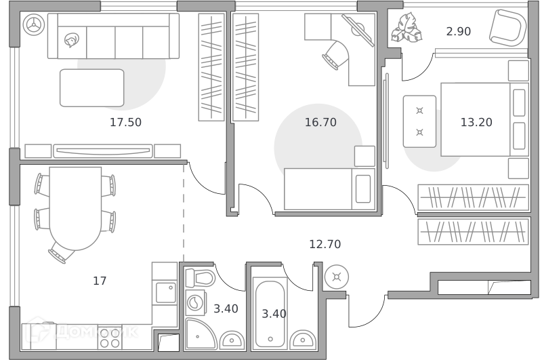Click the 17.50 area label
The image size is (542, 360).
[125, 123]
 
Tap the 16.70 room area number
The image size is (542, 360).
[320, 123]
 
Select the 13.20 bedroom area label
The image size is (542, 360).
[476, 123]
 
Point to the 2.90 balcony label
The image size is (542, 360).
[459, 31]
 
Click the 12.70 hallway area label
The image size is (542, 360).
[325, 245]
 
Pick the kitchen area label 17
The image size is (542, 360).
[100, 281]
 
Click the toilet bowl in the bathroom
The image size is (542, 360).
[200, 278]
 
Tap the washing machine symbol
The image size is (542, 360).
[196, 303]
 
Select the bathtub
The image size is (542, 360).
[270, 313]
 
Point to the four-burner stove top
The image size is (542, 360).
[110, 338]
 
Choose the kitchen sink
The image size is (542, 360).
[165, 293]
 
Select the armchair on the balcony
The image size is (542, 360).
[507, 28]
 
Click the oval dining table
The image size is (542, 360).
[75, 208]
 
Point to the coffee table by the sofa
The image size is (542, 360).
[92, 88]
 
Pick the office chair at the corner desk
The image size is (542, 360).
[336, 56]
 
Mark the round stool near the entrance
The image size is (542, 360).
[336, 277]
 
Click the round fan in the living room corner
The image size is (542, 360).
[34, 24]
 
